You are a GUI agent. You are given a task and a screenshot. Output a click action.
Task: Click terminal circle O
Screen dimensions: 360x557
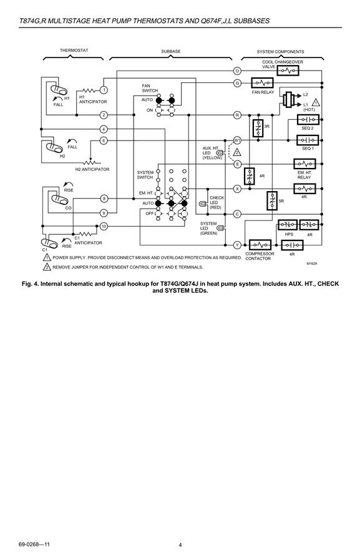coord(238,71)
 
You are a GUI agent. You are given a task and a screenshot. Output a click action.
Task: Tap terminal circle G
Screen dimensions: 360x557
coord(238,83)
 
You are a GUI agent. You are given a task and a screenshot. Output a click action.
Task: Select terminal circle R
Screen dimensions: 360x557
coord(238,115)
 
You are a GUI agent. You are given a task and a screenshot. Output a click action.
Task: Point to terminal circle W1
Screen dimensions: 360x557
coord(238,140)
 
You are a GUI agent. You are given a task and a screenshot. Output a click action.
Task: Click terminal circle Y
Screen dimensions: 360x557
coord(238,245)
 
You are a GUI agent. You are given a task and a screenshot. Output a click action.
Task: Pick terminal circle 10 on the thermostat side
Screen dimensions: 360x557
coord(104,226)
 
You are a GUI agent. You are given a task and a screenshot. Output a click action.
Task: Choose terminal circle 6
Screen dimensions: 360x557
coord(104,140)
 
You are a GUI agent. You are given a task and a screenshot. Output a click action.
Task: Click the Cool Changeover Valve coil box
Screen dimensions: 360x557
coord(288,71)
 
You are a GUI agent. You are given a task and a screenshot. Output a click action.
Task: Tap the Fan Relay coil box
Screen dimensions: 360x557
coord(263,83)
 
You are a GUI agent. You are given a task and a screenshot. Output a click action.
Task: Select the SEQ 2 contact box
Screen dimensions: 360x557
coord(308,119)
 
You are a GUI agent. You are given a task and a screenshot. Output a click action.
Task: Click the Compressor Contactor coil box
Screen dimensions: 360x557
coord(260,245)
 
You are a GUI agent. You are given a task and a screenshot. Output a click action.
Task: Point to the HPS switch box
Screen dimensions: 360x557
coord(288,225)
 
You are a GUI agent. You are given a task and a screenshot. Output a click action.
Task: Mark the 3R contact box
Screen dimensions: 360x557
coord(258,128)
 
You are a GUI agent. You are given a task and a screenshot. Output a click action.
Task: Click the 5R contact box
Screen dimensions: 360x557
coord(272,200)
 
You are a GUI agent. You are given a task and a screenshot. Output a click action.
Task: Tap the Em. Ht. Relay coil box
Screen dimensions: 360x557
coord(304,164)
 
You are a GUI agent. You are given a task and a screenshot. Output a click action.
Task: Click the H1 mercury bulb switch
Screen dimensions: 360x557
coord(59,91)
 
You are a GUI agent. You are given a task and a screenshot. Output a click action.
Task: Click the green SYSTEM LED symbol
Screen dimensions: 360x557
coord(220,229)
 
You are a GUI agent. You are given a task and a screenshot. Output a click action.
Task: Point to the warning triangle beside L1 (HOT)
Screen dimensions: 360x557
coord(316,102)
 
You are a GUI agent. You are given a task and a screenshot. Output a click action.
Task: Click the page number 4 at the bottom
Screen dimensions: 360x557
coord(180,545)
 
